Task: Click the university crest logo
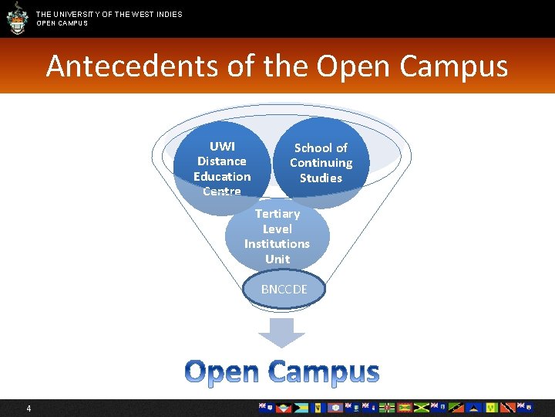(x=15, y=18)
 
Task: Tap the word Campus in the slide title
(x=453, y=66)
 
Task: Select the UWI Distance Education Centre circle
(x=221, y=166)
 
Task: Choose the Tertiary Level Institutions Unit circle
(x=277, y=236)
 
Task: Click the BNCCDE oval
(x=284, y=290)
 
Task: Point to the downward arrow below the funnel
(x=281, y=332)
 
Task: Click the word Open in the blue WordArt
(x=223, y=371)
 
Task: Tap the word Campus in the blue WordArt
(x=324, y=371)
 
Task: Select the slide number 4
(x=29, y=408)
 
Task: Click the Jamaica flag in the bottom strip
(x=421, y=408)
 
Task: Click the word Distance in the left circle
(x=221, y=161)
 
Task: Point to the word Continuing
(x=321, y=163)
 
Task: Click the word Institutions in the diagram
(x=277, y=244)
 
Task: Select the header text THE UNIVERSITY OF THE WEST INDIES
(x=109, y=14)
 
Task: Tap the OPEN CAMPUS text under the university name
(x=62, y=23)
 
